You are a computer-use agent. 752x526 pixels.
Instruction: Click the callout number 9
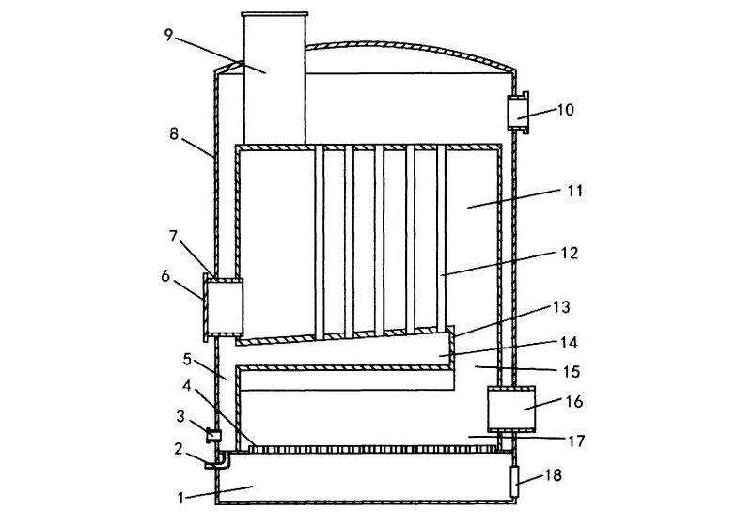(x=168, y=36)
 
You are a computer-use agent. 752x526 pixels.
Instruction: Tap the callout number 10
(x=566, y=110)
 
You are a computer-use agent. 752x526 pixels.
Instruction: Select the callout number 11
(x=574, y=191)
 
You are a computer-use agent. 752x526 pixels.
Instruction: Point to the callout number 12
(x=570, y=253)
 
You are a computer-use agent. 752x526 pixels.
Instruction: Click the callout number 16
(x=574, y=401)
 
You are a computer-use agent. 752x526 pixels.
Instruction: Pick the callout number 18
(x=553, y=475)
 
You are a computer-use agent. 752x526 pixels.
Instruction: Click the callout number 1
(x=180, y=498)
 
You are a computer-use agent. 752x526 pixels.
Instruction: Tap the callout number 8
(x=174, y=133)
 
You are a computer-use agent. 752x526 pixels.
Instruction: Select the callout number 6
(x=165, y=275)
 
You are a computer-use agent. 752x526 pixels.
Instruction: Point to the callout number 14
(x=569, y=343)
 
